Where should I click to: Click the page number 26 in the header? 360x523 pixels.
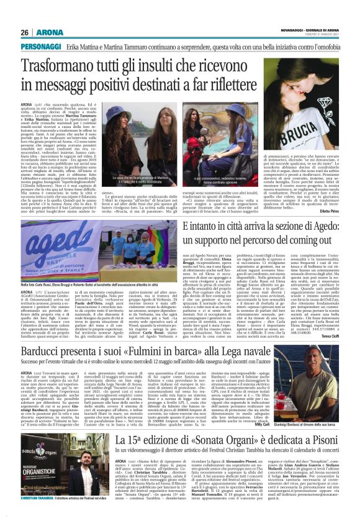(x=24, y=32)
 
